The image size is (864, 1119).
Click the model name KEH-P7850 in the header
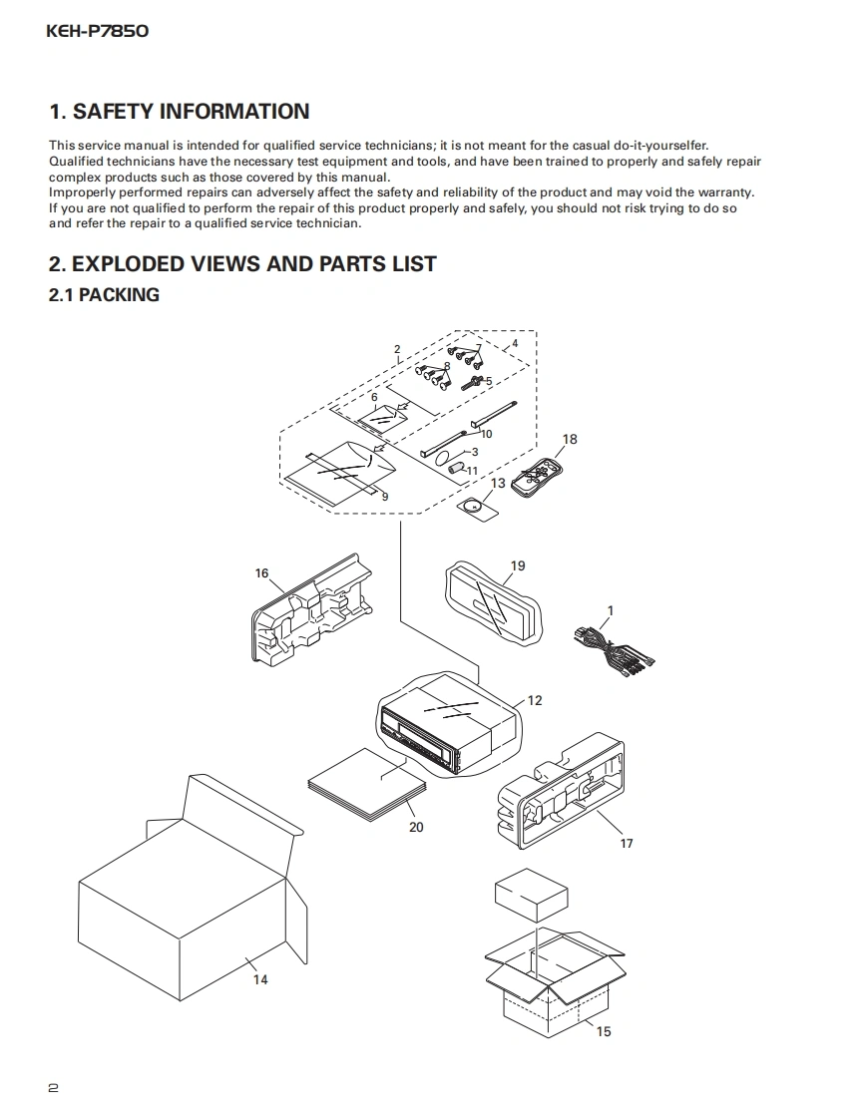[x=98, y=31]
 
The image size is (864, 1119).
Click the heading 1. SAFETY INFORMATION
[x=180, y=112]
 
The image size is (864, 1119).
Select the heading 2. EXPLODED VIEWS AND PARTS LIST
[x=242, y=264]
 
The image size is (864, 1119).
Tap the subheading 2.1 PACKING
[x=104, y=295]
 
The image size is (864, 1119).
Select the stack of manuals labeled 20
[x=367, y=788]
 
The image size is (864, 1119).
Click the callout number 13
[x=498, y=484]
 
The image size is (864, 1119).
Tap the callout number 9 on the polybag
[x=384, y=496]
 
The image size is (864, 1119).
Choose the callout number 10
[x=487, y=434]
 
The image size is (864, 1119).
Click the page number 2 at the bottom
[x=53, y=1087]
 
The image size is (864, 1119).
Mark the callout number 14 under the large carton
[x=259, y=979]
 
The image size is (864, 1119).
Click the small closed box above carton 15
[x=532, y=895]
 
